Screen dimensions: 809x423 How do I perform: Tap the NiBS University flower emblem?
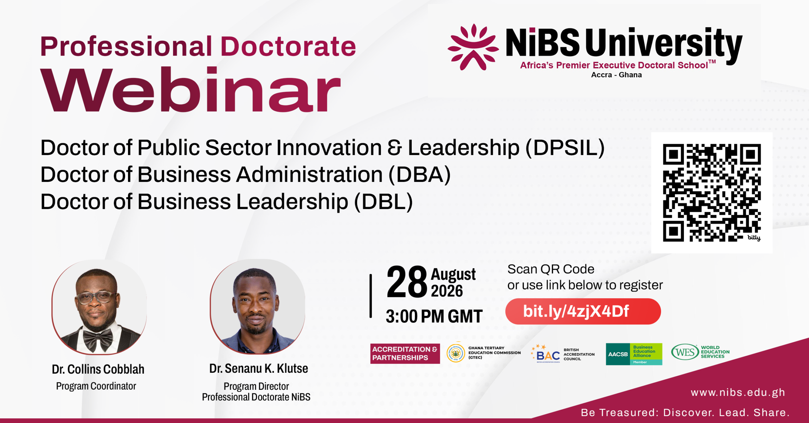(473, 47)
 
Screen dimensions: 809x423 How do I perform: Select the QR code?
(712, 193)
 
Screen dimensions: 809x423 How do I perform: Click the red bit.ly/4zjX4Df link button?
(583, 311)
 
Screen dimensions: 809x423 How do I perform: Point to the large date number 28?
(407, 282)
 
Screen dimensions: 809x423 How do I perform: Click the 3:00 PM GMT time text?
(434, 316)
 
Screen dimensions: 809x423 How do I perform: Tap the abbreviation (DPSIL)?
(565, 148)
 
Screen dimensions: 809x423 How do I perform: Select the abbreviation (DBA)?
(419, 175)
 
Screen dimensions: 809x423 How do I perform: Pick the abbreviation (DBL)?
(383, 202)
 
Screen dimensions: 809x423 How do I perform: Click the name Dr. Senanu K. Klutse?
(259, 368)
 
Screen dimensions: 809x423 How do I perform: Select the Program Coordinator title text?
(96, 386)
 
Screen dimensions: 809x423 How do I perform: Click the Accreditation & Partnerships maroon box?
(405, 354)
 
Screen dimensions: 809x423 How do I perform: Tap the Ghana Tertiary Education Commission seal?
(456, 353)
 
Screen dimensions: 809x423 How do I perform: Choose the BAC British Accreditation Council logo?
(563, 354)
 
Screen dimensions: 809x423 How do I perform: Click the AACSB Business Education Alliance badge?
(634, 354)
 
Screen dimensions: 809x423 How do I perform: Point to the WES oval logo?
(685, 352)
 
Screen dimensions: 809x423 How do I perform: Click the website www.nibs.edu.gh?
(738, 392)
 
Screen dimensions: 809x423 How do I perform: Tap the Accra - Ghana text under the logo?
(616, 75)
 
